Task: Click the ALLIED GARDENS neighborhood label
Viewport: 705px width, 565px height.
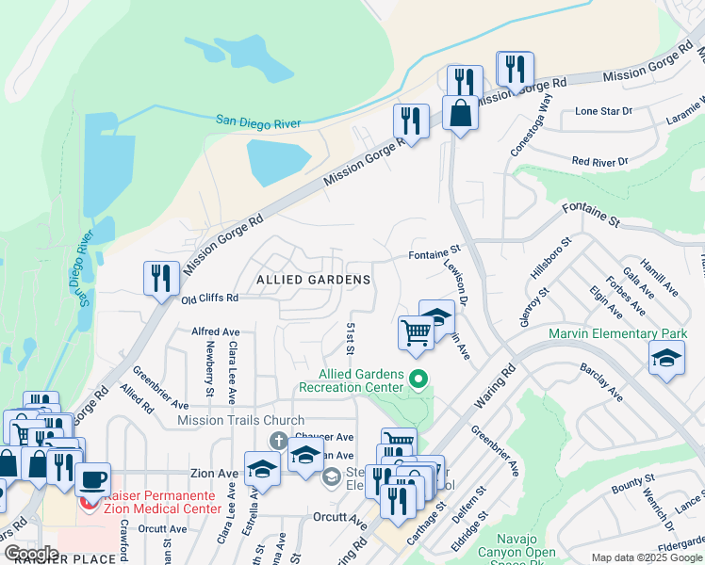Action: coord(312,280)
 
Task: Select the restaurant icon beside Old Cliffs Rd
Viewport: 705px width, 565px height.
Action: coord(161,278)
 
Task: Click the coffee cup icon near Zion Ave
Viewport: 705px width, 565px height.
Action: coord(92,478)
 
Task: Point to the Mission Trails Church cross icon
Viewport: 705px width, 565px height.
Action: coord(278,440)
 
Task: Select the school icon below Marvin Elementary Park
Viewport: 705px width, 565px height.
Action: coord(666,359)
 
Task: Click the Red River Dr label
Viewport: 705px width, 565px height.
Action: coord(599,162)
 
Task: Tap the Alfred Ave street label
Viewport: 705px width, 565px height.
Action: coord(216,331)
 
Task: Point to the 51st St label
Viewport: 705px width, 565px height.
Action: coord(350,337)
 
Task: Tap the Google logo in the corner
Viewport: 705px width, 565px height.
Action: coord(31,554)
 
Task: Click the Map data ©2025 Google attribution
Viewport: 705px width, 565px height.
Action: coord(647,557)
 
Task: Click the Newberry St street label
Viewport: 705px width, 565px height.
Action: coord(209,369)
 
